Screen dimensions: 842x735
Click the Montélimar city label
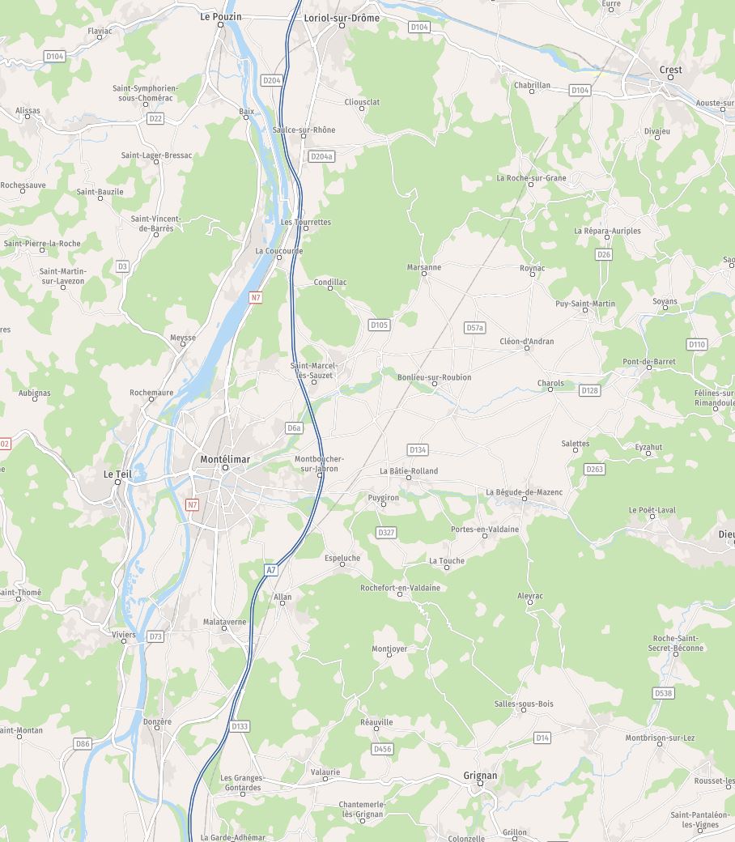[x=225, y=459]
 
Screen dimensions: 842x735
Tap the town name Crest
[x=670, y=70]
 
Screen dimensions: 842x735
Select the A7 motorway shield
[x=271, y=570]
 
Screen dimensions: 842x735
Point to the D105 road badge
[x=379, y=325]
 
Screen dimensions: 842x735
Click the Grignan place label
[x=480, y=775]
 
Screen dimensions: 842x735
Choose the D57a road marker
[x=474, y=327]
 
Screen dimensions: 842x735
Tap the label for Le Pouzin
[x=220, y=16]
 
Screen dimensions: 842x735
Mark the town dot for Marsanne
[x=424, y=274]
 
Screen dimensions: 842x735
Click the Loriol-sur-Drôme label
[x=341, y=17]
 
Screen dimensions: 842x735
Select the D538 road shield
[x=663, y=693]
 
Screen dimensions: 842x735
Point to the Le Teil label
[x=117, y=474]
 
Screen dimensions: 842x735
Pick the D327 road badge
[x=386, y=532]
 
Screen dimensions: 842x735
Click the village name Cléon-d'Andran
[x=527, y=341]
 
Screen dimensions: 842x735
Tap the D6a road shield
[x=294, y=427]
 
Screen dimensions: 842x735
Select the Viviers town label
[x=124, y=635]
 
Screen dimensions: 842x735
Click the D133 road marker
[x=240, y=726]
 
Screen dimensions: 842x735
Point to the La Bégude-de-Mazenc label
[x=524, y=491]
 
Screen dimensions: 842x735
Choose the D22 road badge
[x=155, y=118]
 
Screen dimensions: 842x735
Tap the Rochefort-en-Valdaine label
[x=400, y=588]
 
